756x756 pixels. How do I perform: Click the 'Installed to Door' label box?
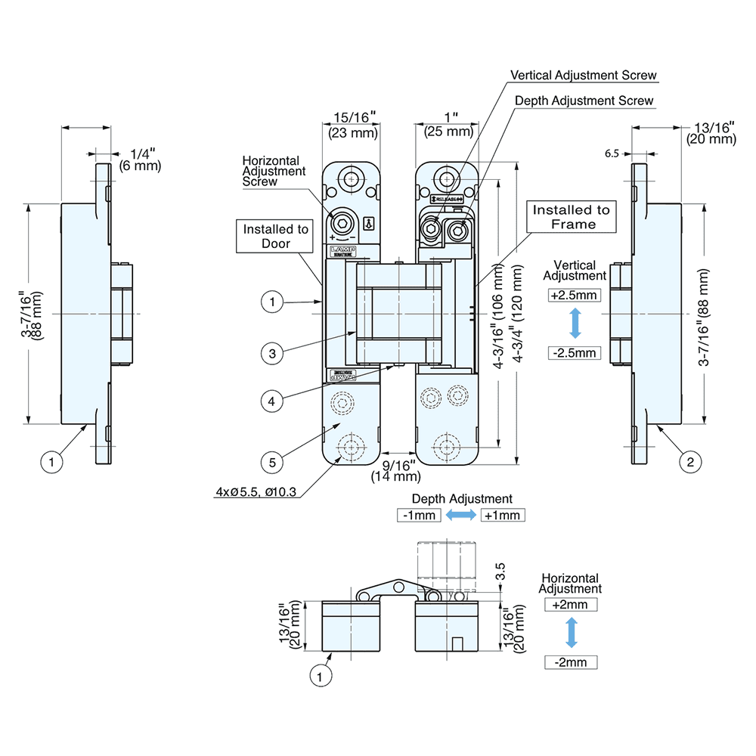pyautogui.click(x=276, y=237)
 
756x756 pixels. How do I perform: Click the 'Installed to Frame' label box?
pyautogui.click(x=573, y=216)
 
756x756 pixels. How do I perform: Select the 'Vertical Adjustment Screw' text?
pyautogui.click(x=584, y=76)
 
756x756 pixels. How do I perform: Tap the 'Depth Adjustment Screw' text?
pyautogui.click(x=584, y=101)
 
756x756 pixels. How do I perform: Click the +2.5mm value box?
pyautogui.click(x=575, y=295)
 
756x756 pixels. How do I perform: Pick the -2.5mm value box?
pyautogui.click(x=575, y=353)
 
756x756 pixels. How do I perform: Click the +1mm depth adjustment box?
pyautogui.click(x=502, y=516)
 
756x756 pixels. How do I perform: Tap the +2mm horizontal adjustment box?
pyautogui.click(x=571, y=605)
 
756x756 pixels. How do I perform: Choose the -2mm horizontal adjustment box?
pyautogui.click(x=571, y=662)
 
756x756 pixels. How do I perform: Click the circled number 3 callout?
pyautogui.click(x=273, y=352)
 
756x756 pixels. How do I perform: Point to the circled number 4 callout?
pyautogui.click(x=273, y=401)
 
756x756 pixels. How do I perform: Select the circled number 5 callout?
pyautogui.click(x=273, y=460)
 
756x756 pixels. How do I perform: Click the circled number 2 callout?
pyautogui.click(x=688, y=461)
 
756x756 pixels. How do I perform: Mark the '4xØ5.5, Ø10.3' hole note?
pyautogui.click(x=255, y=493)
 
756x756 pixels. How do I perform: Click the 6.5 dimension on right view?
pyautogui.click(x=612, y=153)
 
